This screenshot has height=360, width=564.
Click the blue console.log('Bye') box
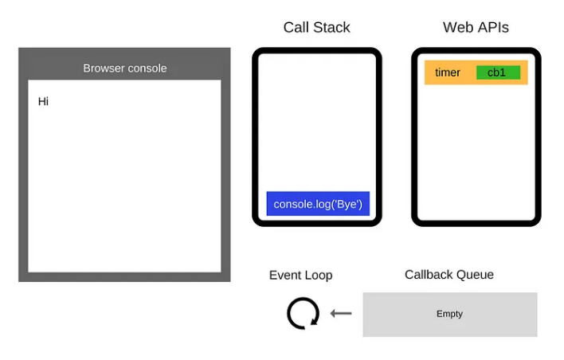coord(317,204)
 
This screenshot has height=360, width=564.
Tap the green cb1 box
coord(497,72)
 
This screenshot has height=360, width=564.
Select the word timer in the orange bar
coord(448,72)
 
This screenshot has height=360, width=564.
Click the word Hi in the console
coord(43,102)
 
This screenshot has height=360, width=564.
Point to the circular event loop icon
coord(303,313)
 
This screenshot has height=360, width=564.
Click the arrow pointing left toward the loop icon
coord(341,314)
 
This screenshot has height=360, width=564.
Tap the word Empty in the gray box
coord(449,314)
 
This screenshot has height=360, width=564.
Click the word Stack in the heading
coord(332,28)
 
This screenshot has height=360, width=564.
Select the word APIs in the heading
coord(493,28)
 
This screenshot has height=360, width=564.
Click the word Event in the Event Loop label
coord(285,276)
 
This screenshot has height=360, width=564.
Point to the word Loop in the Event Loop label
coord(319,276)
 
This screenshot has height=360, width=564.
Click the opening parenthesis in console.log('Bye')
coord(335,205)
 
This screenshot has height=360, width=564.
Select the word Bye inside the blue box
coord(348,205)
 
